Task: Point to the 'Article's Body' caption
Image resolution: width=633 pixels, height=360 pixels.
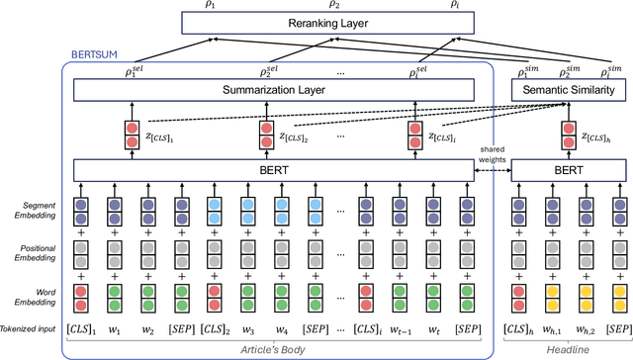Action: (283, 349)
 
